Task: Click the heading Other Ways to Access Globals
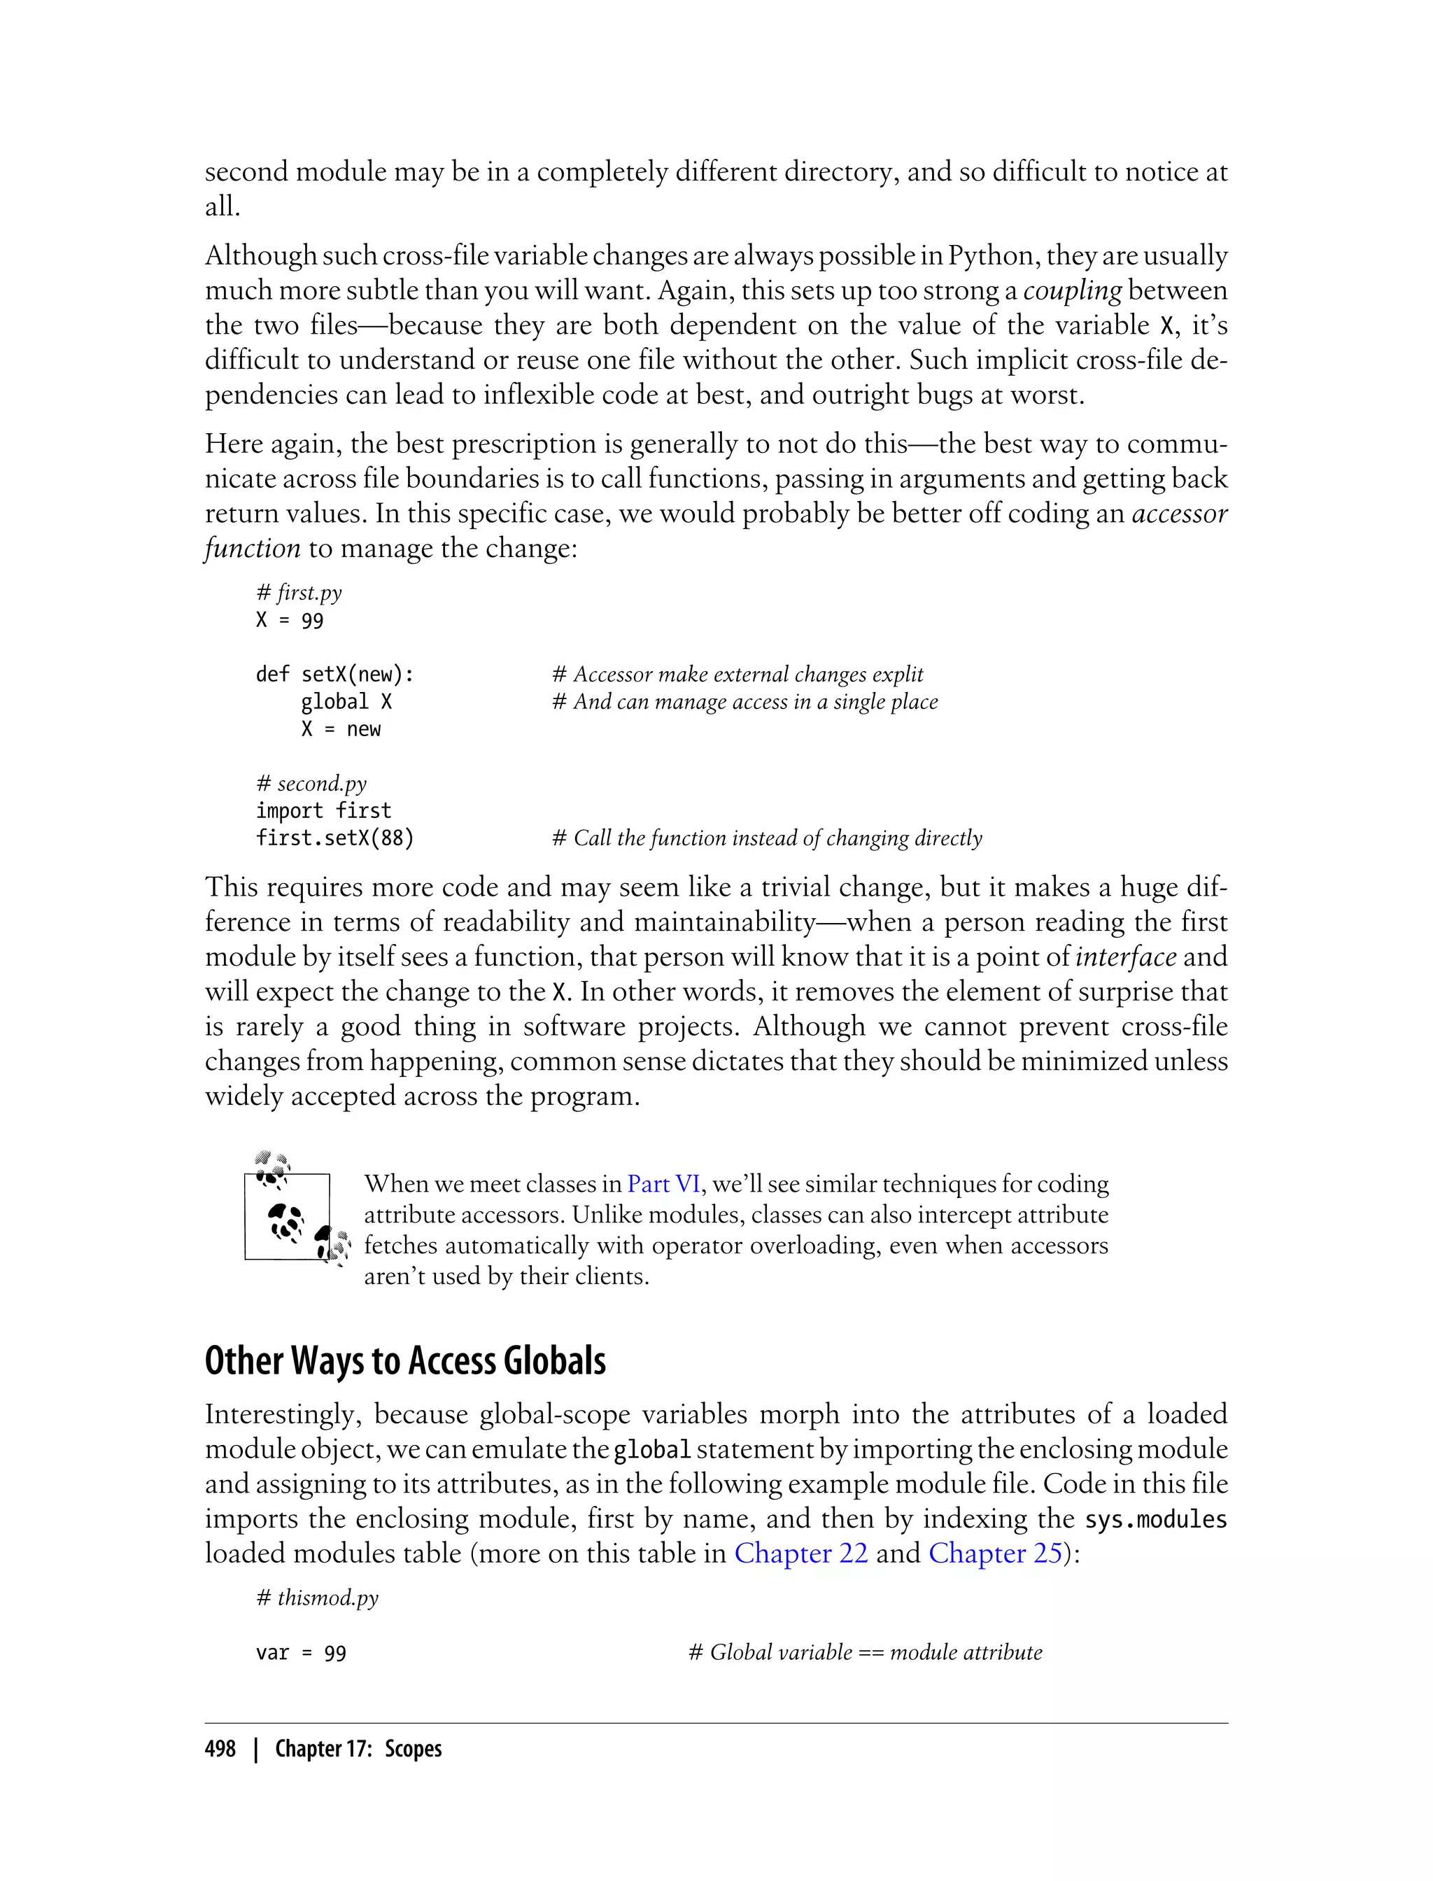point(405,1360)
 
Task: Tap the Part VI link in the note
point(663,1184)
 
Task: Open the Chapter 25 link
point(994,1553)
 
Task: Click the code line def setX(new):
point(334,675)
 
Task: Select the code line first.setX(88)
point(334,838)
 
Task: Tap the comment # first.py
point(299,593)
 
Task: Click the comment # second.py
point(311,784)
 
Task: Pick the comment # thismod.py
point(316,1598)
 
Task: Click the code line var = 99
point(301,1654)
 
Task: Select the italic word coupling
point(1071,291)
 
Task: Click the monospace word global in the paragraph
point(651,1449)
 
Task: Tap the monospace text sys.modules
point(1155,1519)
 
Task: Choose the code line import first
point(323,811)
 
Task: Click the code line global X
point(346,702)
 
